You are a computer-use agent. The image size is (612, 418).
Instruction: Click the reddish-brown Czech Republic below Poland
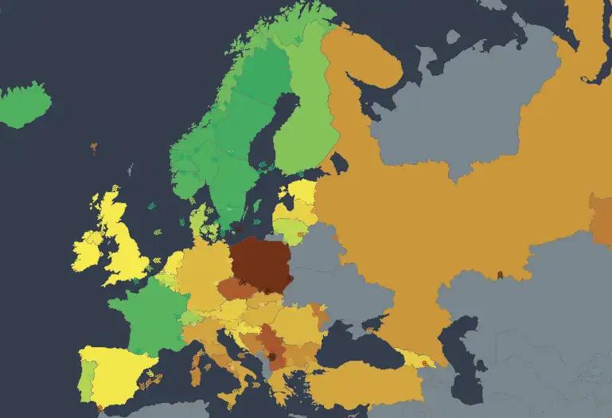click(236, 289)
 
